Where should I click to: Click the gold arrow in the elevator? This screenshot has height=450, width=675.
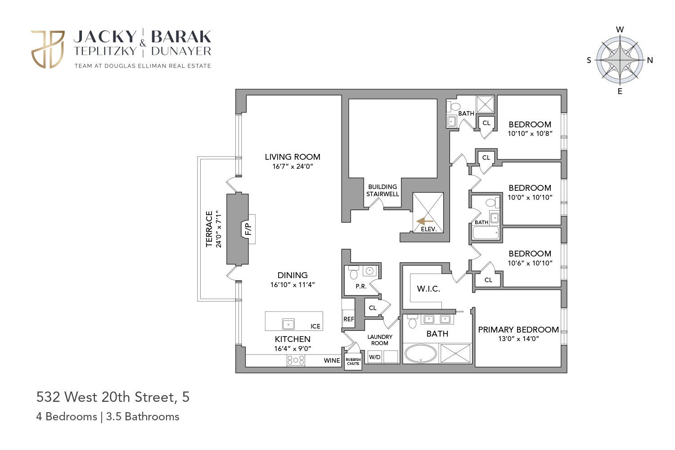click(425, 221)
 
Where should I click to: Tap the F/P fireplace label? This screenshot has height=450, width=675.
click(248, 229)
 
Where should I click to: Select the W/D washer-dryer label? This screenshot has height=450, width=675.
click(374, 357)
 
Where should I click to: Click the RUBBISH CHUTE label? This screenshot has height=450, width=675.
click(353, 361)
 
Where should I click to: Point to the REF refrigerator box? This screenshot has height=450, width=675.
click(349, 319)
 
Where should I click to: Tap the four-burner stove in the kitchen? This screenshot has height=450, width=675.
click(296, 360)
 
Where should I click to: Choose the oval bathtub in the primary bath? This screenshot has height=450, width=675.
click(420, 354)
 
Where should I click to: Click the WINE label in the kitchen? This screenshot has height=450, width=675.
click(332, 360)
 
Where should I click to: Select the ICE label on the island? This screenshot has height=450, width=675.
click(315, 326)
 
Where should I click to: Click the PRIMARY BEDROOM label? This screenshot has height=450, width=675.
click(518, 330)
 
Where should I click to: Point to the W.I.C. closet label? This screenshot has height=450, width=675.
click(428, 289)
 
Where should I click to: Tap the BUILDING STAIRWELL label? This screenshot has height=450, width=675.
click(382, 190)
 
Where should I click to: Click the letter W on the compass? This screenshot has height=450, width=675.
click(620, 30)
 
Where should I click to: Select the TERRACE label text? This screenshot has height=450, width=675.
click(209, 229)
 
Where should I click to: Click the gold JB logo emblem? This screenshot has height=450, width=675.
click(48, 49)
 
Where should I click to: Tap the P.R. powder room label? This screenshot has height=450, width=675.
click(361, 286)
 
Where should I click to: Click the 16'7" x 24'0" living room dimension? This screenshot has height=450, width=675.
click(292, 166)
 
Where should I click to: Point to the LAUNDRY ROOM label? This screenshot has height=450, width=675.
click(380, 340)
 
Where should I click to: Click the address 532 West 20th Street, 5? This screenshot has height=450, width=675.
click(113, 397)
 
